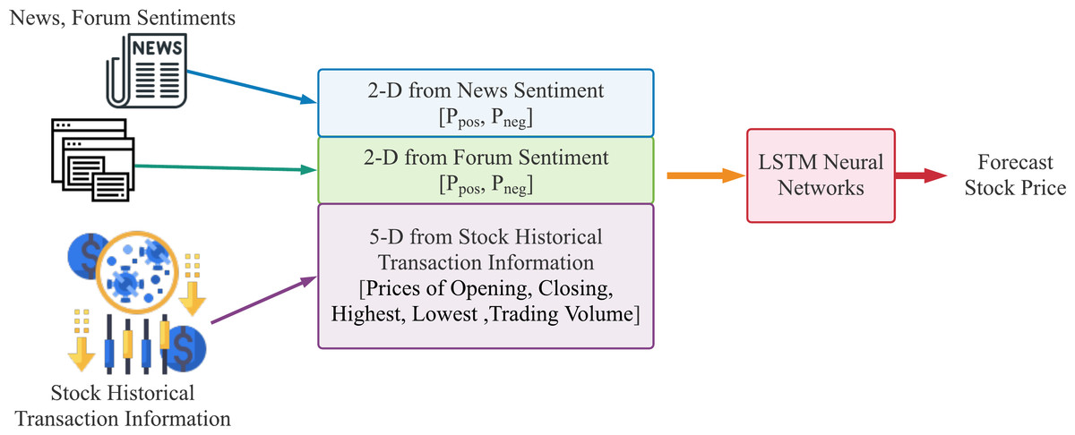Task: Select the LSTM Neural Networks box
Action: (x=820, y=175)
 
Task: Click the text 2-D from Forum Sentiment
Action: (x=486, y=158)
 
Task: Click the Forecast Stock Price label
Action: (x=1009, y=175)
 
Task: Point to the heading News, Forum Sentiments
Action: (x=120, y=17)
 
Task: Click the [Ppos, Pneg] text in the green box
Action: (x=486, y=186)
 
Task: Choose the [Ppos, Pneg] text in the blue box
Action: (x=486, y=118)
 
